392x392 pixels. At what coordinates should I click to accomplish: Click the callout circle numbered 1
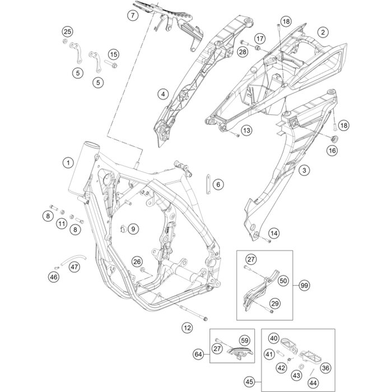[68, 163]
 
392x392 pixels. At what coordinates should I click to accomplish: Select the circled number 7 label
[132, 16]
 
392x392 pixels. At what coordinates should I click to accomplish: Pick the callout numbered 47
[74, 267]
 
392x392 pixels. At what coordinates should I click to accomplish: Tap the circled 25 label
[67, 31]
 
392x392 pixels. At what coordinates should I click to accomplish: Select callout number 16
[332, 151]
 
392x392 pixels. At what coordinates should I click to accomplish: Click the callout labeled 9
[133, 228]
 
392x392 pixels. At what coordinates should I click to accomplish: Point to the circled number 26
[137, 262]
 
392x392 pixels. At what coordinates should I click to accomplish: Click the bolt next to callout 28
[248, 43]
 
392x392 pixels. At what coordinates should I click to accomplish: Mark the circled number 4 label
[163, 94]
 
